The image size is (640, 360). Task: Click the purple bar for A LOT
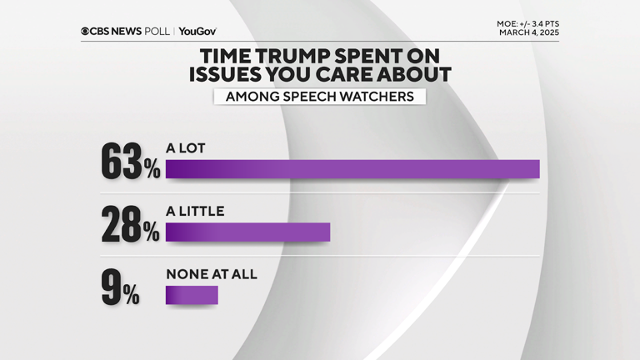[352, 169]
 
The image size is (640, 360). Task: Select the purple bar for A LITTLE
[247, 232]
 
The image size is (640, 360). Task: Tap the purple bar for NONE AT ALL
[192, 295]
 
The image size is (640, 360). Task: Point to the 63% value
[130, 162]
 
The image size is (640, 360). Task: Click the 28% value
[130, 225]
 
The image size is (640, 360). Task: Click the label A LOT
[185, 148]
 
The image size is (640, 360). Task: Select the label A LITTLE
[195, 212]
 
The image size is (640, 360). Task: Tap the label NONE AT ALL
[212, 274]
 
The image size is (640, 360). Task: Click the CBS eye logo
[86, 31]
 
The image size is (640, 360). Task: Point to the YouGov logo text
[197, 31]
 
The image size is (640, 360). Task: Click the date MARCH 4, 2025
[528, 32]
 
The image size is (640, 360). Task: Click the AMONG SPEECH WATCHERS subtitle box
[319, 97]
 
